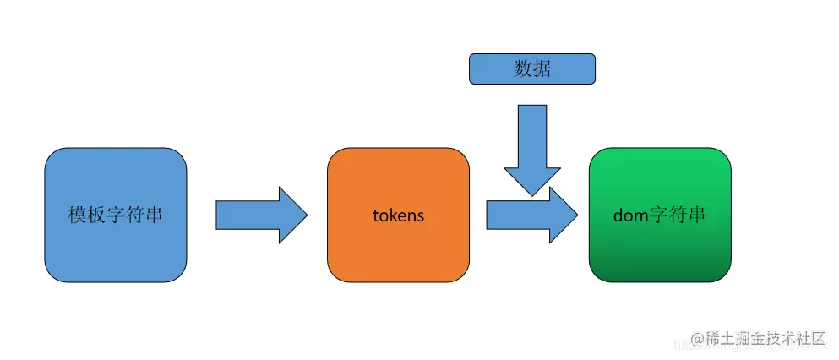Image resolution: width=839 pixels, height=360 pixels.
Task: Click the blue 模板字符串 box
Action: tap(115, 215)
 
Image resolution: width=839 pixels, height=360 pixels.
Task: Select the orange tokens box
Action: tap(398, 215)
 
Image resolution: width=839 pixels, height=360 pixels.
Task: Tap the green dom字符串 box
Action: tap(660, 215)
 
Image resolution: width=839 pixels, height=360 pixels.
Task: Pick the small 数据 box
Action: tap(532, 68)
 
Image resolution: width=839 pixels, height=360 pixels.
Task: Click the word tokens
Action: tap(398, 215)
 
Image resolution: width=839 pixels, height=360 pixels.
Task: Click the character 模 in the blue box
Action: tap(78, 215)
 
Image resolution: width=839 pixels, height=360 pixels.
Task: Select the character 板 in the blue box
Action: tap(97, 215)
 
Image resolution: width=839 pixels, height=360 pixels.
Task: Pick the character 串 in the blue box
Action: tap(154, 215)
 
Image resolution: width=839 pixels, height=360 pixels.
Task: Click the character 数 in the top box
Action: tap(523, 68)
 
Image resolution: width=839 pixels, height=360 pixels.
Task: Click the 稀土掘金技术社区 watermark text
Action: tap(765, 338)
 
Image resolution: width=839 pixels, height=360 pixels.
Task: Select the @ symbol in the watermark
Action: tap(697, 339)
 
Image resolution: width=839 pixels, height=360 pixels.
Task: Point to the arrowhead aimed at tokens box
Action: tap(292, 215)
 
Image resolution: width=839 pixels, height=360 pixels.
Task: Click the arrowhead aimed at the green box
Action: tap(564, 215)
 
